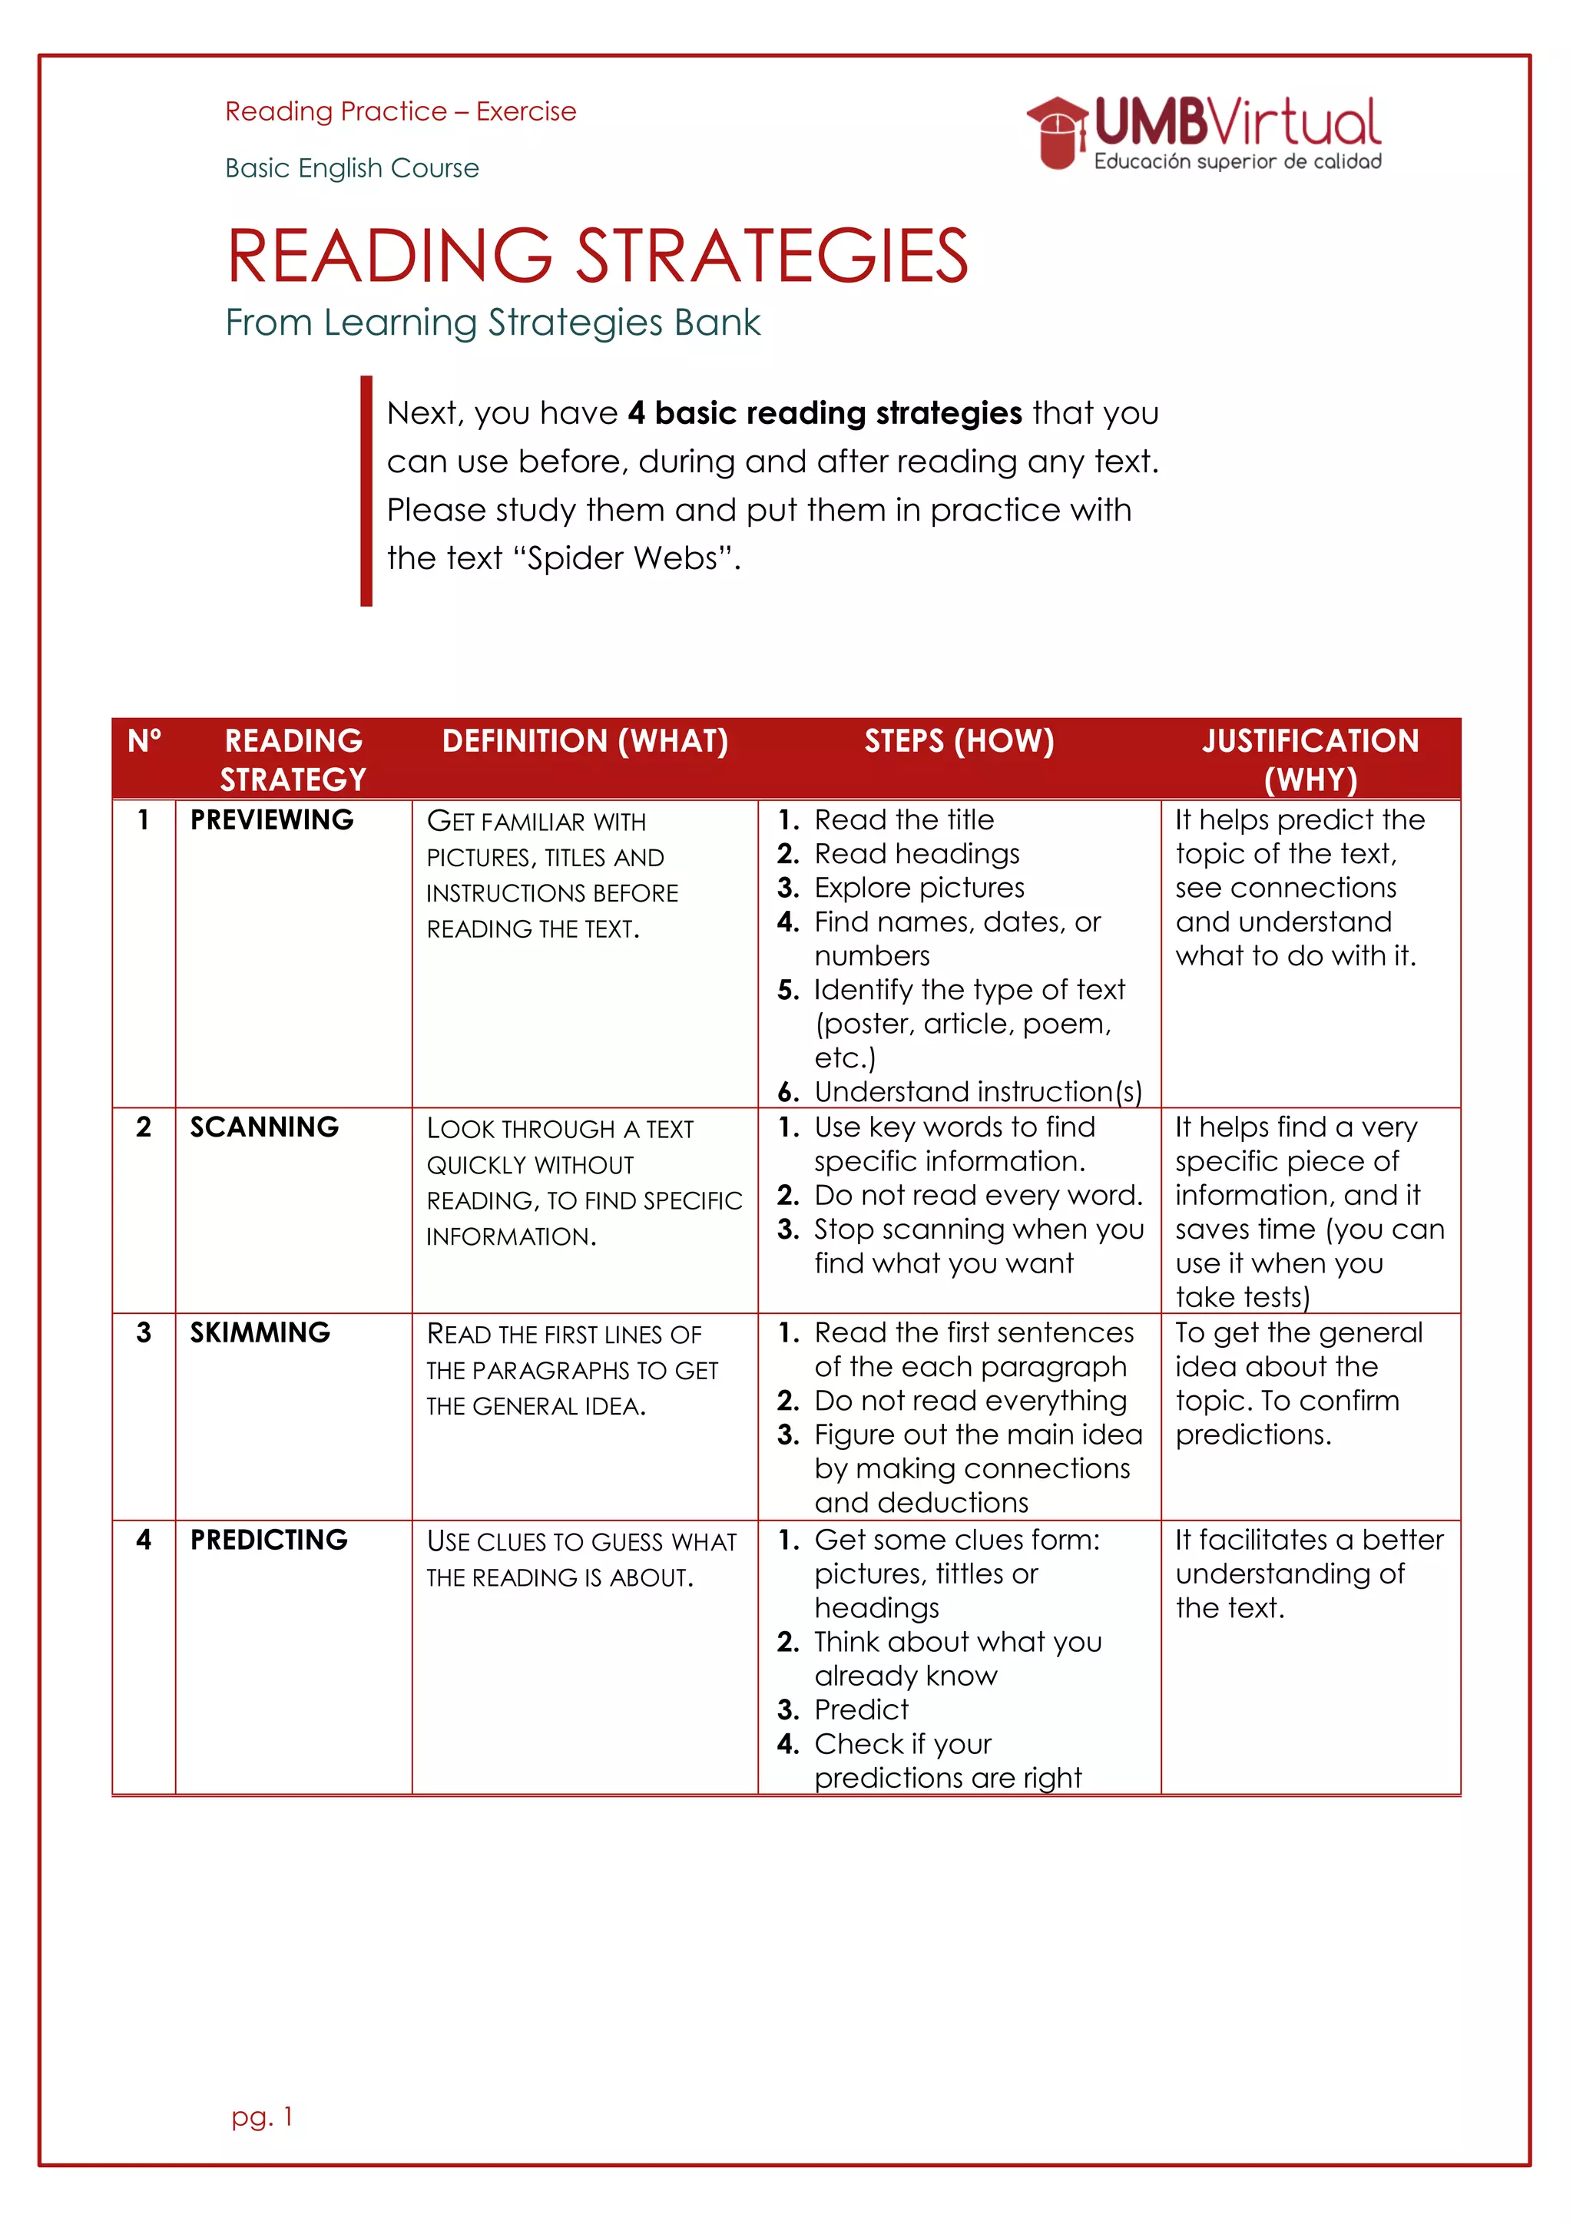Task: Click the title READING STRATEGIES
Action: point(597,256)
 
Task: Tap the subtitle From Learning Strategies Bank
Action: point(492,323)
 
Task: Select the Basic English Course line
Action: point(352,168)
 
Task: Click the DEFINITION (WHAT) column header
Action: point(585,741)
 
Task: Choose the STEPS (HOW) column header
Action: point(959,741)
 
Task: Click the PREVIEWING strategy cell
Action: point(272,820)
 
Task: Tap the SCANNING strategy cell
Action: point(264,1127)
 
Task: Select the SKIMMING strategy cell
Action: point(260,1333)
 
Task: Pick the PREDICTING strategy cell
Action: point(268,1541)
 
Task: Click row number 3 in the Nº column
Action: point(144,1333)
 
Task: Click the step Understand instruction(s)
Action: point(977,1092)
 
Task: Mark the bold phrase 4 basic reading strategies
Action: point(824,414)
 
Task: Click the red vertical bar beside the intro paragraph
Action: point(366,490)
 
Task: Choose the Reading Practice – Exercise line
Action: point(400,112)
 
